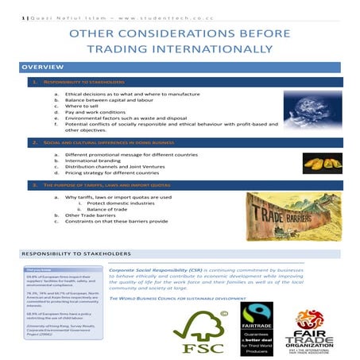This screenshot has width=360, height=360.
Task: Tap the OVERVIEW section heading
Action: pyautogui.click(x=37, y=68)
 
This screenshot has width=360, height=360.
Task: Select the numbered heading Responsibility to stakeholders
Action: pyautogui.click(x=87, y=82)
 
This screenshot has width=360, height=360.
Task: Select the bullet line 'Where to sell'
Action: pyautogui.click(x=106, y=106)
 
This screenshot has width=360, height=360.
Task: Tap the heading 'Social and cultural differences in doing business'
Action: pyautogui.click(x=110, y=142)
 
